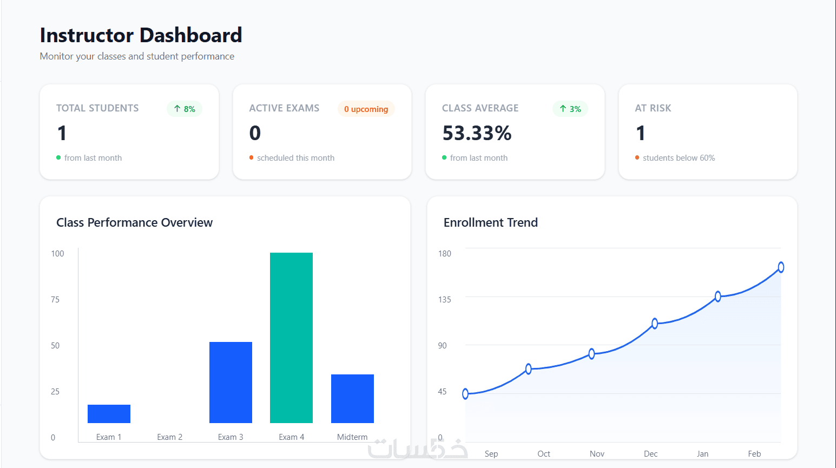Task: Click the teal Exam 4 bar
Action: click(291, 338)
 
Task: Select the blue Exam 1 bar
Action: click(109, 414)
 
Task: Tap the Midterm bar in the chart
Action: click(352, 399)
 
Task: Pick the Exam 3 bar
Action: click(231, 383)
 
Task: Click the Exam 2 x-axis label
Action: click(169, 437)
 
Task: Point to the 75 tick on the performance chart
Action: click(55, 300)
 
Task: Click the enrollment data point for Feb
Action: click(781, 267)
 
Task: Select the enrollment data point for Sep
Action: click(465, 394)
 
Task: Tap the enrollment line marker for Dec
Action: click(655, 324)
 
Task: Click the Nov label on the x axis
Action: click(597, 454)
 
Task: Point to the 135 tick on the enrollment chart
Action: click(444, 300)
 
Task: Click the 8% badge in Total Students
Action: click(185, 109)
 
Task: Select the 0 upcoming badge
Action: click(366, 109)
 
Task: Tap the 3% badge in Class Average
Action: click(570, 109)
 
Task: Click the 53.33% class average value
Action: click(477, 133)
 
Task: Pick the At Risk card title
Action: click(653, 108)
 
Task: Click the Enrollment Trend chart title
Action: click(490, 222)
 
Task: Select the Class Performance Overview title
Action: click(134, 222)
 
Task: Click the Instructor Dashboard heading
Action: click(141, 35)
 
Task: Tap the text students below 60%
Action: click(679, 158)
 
